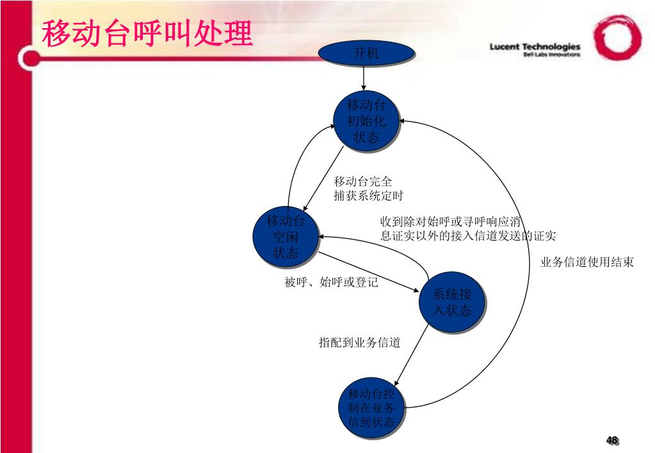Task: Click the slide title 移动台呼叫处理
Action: pyautogui.click(x=147, y=33)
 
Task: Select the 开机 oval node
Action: pyautogui.click(x=366, y=54)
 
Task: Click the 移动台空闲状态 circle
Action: pyautogui.click(x=286, y=237)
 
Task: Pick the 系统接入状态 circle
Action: pyautogui.click(x=452, y=302)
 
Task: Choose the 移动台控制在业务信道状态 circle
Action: pyautogui.click(x=371, y=408)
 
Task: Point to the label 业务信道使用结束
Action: pyautogui.click(x=587, y=262)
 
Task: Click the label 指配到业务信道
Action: pyautogui.click(x=360, y=343)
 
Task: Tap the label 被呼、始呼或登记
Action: pyautogui.click(x=332, y=282)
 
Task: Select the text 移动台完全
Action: pyautogui.click(x=363, y=182)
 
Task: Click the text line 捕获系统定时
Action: pyautogui.click(x=369, y=196)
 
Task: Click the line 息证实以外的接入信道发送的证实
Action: pyautogui.click(x=468, y=236)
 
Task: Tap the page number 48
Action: pyautogui.click(x=612, y=440)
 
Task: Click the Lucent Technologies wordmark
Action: pyautogui.click(x=535, y=46)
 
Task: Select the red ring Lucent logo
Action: pyautogui.click(x=617, y=37)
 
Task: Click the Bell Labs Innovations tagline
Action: pyautogui.click(x=551, y=55)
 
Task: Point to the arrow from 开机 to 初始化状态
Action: pyautogui.click(x=364, y=79)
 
